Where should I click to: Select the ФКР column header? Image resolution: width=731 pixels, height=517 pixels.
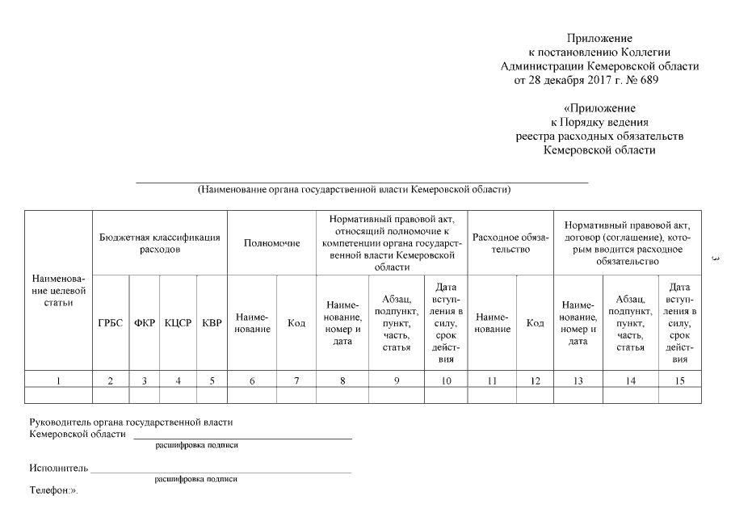click(x=145, y=323)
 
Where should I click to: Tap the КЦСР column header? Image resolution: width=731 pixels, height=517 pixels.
click(x=178, y=323)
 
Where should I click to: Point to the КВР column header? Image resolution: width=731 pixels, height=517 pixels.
click(x=212, y=323)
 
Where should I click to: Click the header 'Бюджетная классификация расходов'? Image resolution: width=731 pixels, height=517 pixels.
click(x=160, y=243)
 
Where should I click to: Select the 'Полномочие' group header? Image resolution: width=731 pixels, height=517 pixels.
click(x=271, y=243)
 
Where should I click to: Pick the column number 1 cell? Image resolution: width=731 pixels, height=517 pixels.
click(x=58, y=380)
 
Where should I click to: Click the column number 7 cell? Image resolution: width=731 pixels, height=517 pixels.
click(x=296, y=380)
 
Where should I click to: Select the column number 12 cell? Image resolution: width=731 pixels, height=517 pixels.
click(x=535, y=380)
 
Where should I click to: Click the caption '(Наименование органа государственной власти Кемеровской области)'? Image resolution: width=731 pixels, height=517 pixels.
click(x=355, y=190)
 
